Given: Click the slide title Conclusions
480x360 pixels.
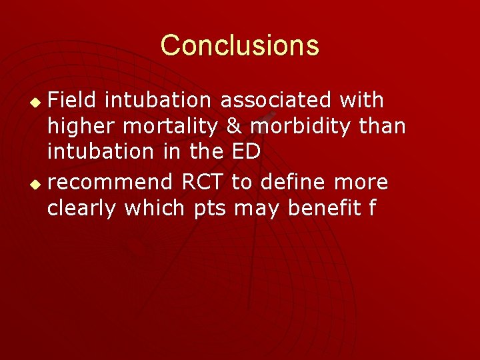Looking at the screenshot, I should click(240, 45).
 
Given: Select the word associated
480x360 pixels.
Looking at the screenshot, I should click(276, 101).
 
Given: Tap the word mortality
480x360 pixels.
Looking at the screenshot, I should click(169, 127).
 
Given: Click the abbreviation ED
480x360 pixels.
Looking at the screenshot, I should click(246, 152).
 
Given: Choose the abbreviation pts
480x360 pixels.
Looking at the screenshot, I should click(210, 209).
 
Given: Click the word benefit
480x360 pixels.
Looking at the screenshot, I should click(323, 209).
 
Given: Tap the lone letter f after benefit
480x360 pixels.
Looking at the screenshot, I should click(371, 209).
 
